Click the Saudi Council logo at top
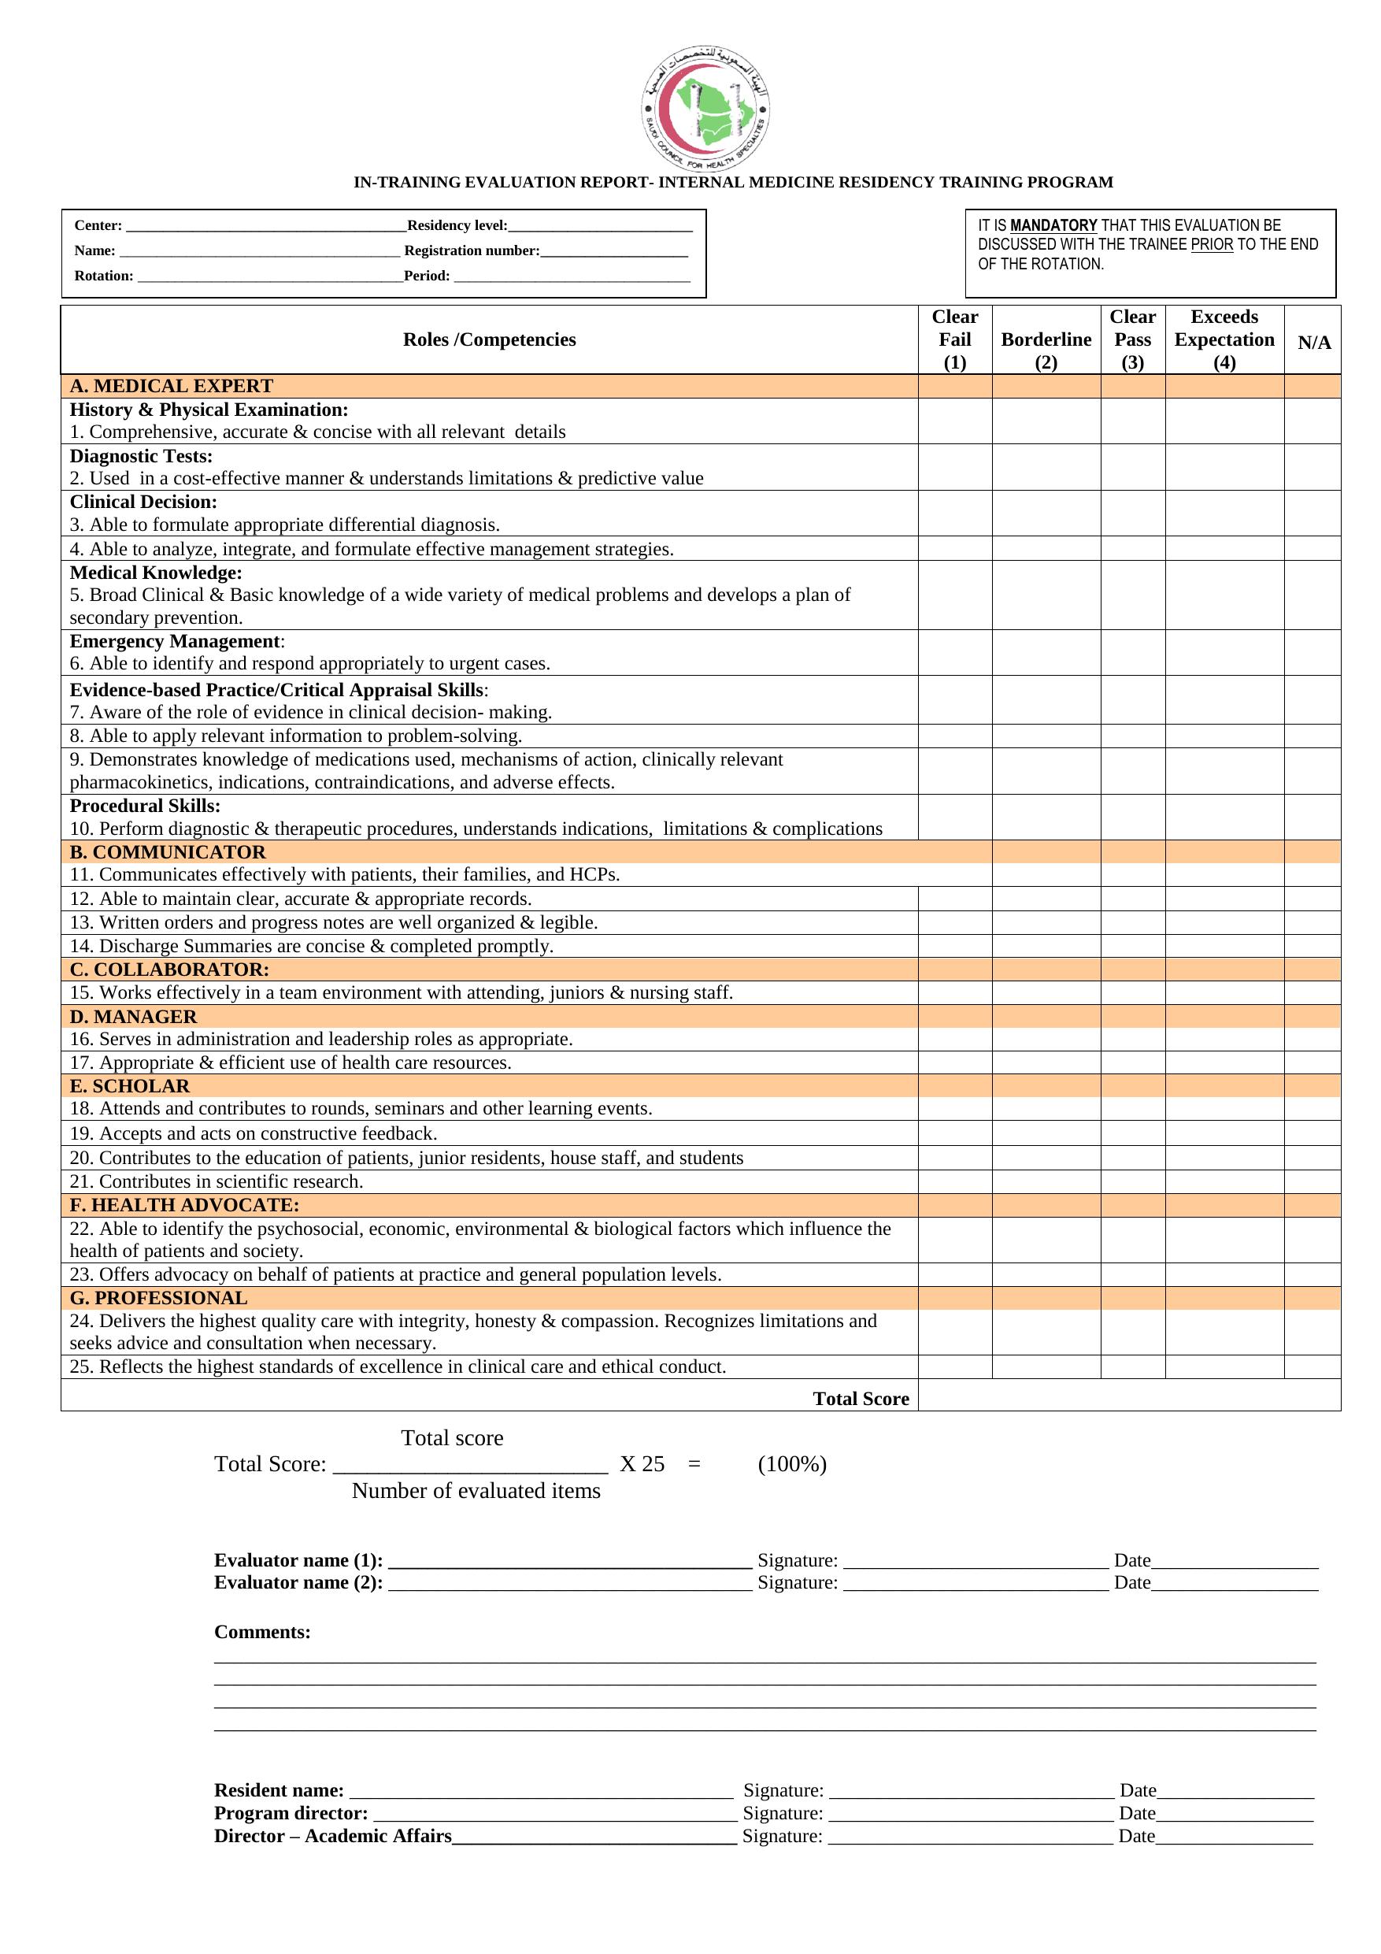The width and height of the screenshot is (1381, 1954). (x=705, y=109)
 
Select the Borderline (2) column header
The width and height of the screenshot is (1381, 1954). (x=1046, y=339)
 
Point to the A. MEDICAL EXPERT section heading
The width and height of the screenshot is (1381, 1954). (x=171, y=386)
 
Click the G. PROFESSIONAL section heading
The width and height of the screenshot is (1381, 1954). (x=158, y=1298)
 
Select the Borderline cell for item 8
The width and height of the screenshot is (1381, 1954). (x=1046, y=736)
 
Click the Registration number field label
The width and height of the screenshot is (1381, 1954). (x=472, y=251)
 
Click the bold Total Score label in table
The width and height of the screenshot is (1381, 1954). (x=861, y=1398)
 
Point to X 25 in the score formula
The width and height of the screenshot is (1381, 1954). (x=642, y=1464)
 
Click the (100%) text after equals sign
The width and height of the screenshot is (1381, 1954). (x=791, y=1464)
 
